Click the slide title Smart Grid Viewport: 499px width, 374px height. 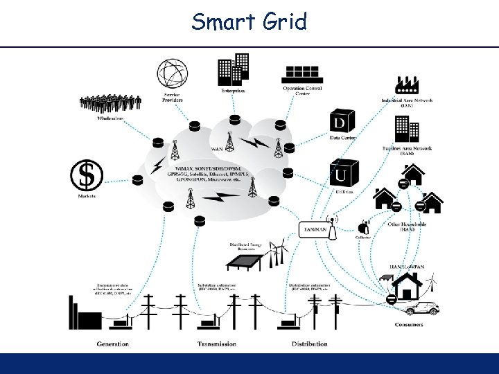tap(249, 22)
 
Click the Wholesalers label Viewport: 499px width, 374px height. tap(110, 118)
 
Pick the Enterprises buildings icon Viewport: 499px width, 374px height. tap(234, 69)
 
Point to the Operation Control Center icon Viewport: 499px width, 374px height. tap(303, 73)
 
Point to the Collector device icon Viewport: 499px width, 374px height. tap(363, 226)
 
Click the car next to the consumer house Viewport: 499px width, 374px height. tap(423, 308)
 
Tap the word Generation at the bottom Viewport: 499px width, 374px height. tap(113, 344)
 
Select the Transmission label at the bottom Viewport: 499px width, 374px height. tap(216, 344)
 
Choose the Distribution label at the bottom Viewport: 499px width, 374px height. tap(309, 344)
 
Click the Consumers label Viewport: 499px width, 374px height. tap(409, 325)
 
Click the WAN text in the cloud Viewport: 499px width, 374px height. tap(217, 149)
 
